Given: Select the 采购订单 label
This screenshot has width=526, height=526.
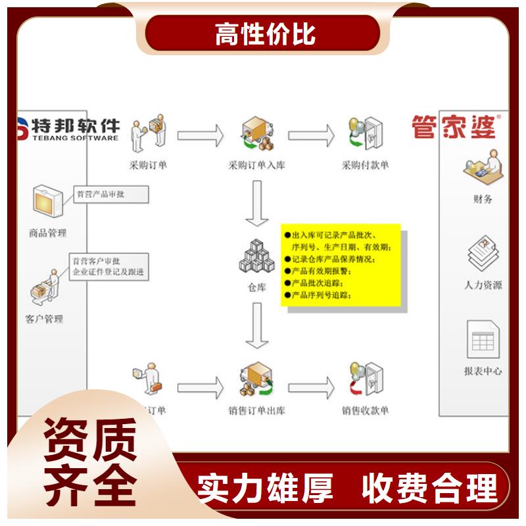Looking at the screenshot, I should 148,165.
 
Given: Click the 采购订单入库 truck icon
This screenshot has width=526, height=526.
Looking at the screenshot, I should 257,133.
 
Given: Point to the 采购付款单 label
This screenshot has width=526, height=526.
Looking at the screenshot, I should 366,165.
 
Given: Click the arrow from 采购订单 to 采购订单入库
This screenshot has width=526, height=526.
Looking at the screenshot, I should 201,135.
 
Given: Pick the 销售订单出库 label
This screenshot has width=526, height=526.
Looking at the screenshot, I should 256,411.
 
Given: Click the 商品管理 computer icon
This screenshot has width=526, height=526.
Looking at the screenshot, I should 47,201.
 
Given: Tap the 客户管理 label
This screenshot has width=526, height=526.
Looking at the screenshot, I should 45,320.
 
